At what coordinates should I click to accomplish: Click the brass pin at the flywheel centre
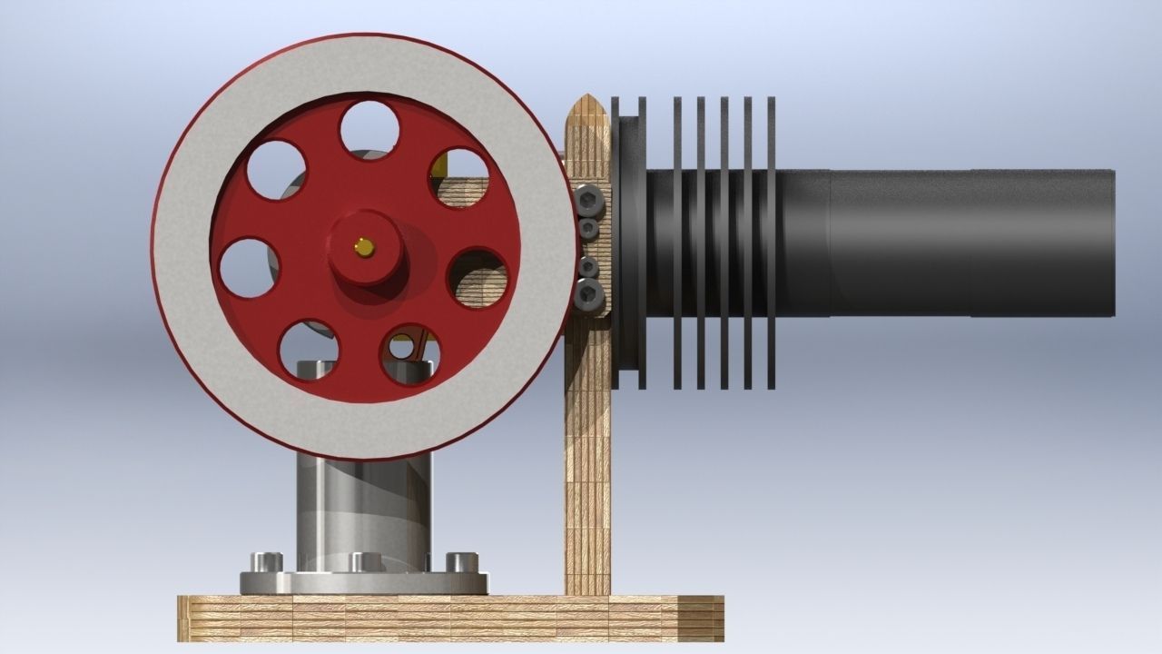[364, 246]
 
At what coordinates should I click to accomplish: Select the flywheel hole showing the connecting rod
[410, 355]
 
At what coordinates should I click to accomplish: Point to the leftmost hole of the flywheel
[249, 267]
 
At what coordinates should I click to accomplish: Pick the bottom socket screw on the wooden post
[590, 292]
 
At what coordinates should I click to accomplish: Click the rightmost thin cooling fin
[772, 243]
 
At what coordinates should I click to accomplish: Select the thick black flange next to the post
[629, 243]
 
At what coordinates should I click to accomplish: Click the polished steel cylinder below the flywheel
[363, 509]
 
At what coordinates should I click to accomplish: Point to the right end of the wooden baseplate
[717, 618]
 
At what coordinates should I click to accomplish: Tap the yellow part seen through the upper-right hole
[440, 165]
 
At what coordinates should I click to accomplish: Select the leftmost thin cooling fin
[677, 243]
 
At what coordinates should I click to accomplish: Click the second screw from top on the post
[589, 227]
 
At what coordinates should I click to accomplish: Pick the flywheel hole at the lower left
[309, 351]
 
